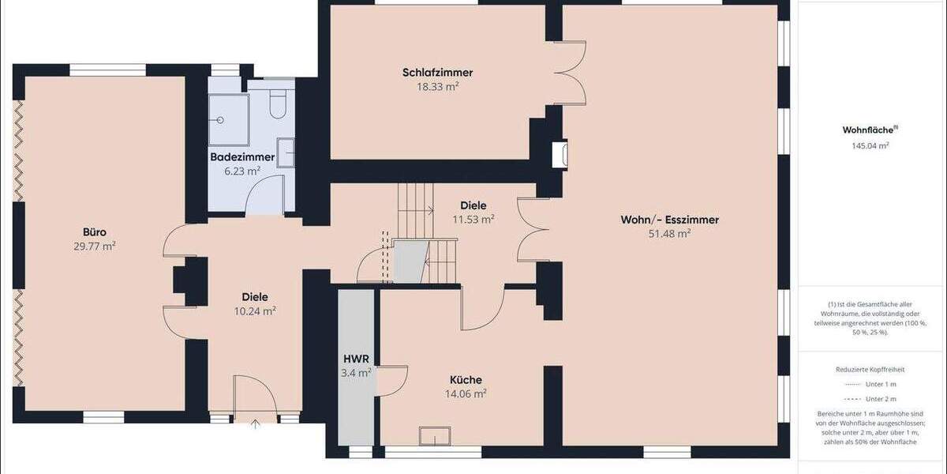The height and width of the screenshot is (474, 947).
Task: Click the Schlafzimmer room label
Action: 437,73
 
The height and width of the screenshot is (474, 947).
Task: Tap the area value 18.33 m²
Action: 437,87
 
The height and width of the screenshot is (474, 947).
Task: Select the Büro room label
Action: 95,232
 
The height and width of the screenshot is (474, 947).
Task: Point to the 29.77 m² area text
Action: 95,246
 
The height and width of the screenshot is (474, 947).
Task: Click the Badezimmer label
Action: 242,157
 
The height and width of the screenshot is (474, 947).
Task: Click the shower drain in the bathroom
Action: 222,120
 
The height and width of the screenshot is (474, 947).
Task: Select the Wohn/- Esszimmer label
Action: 669,220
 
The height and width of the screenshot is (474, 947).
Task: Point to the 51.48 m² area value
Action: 669,234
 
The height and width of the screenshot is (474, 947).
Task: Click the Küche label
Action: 466,380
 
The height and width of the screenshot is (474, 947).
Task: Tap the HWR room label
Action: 356,359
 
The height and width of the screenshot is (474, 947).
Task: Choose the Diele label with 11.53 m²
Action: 473,205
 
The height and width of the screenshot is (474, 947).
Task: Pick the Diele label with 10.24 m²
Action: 254,297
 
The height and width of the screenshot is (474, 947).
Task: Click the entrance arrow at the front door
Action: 255,424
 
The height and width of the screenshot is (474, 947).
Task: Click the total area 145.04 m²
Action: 870,146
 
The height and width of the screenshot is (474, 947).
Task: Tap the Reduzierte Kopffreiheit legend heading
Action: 870,370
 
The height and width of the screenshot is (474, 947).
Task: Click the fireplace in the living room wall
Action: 560,155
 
